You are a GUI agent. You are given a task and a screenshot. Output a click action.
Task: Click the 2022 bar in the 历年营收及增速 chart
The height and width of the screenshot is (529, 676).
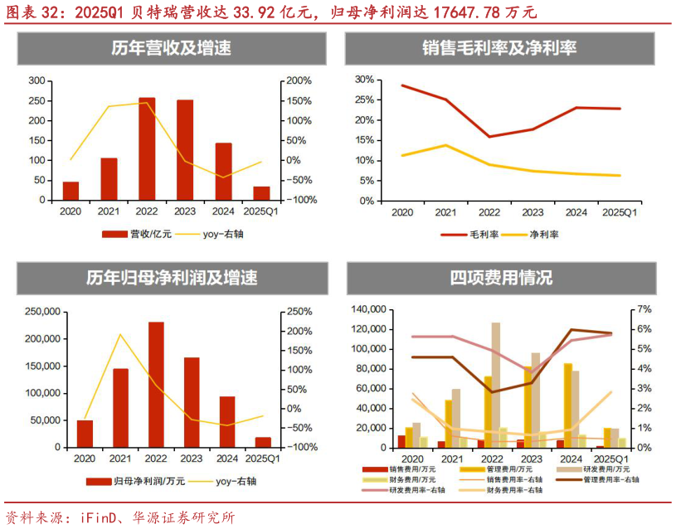tap(147, 149)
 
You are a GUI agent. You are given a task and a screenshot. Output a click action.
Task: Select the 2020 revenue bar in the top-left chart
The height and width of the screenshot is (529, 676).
tap(71, 191)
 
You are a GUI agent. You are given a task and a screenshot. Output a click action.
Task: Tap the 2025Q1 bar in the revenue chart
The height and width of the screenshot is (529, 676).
tap(261, 193)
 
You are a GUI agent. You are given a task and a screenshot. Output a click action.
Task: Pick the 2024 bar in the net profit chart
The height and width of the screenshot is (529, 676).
tap(227, 422)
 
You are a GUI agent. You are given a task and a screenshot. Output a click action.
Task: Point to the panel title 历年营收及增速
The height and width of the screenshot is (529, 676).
tap(171, 49)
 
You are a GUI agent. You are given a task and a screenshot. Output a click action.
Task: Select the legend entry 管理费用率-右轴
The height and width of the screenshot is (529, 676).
tap(611, 479)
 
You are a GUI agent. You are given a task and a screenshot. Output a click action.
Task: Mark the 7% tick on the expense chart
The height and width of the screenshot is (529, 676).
tap(645, 309)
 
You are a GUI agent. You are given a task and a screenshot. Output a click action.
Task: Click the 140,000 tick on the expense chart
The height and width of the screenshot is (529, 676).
tap(367, 309)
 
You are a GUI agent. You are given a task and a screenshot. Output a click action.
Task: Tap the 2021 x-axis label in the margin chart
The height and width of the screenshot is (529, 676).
tap(447, 213)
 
